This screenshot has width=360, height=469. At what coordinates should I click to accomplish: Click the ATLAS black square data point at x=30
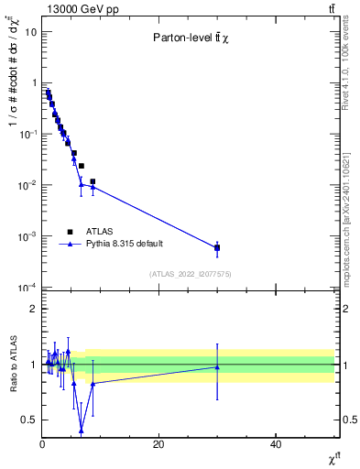pyautogui.click(x=217, y=247)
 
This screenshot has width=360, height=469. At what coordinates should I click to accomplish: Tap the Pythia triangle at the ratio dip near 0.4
pyautogui.click(x=82, y=431)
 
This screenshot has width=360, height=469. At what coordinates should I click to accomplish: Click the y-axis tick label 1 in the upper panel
pyautogui.click(x=33, y=83)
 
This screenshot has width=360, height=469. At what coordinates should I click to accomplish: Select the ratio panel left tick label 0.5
pyautogui.click(x=29, y=420)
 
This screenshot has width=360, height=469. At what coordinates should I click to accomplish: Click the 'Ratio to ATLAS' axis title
pyautogui.click(x=11, y=365)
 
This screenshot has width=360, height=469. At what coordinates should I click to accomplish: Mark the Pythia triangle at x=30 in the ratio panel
pyautogui.click(x=217, y=366)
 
